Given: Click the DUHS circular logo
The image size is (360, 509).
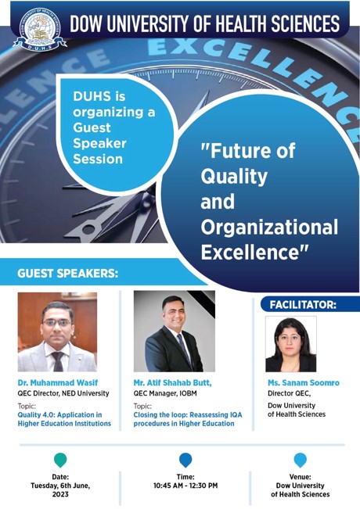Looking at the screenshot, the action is click(40, 29).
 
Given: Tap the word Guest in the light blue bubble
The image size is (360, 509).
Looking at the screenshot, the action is click(92, 127).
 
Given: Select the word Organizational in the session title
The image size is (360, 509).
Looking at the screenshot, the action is click(269, 227).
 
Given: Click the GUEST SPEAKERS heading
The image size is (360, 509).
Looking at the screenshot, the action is click(67, 273).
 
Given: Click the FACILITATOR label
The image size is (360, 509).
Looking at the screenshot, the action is click(303, 305).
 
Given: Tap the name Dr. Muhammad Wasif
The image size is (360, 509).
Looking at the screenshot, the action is click(57, 382).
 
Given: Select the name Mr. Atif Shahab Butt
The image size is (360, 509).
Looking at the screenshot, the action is click(172, 383).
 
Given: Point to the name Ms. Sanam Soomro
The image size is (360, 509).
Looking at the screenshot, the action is click(304, 382).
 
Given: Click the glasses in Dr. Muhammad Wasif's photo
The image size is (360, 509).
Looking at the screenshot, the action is click(57, 323).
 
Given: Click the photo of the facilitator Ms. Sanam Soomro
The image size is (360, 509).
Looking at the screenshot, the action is click(291, 344).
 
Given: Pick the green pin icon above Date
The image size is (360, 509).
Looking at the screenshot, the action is click(60, 460).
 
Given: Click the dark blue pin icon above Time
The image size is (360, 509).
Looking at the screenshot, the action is click(185, 460).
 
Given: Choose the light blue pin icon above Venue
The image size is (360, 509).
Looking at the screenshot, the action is click(301, 460).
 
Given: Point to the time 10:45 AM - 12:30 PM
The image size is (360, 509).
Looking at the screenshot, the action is click(185, 486).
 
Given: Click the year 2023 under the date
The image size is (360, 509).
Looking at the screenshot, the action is click(60, 494).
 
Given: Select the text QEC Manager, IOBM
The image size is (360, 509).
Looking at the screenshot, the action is click(165, 393).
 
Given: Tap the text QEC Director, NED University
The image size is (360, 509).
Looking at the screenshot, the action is click(63, 393).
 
